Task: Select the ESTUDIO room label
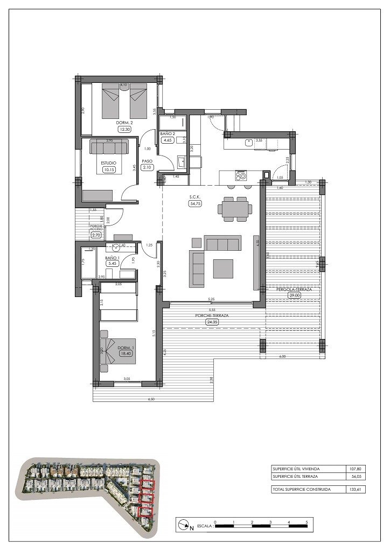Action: [109, 162]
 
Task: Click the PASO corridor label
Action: [147, 161]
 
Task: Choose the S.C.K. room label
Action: [194, 197]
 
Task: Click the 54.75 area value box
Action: [194, 204]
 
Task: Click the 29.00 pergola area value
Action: [294, 295]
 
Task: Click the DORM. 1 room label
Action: [126, 348]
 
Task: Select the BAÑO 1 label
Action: [112, 258]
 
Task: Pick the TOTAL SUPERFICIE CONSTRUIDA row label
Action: [302, 490]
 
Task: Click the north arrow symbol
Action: [184, 524]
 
